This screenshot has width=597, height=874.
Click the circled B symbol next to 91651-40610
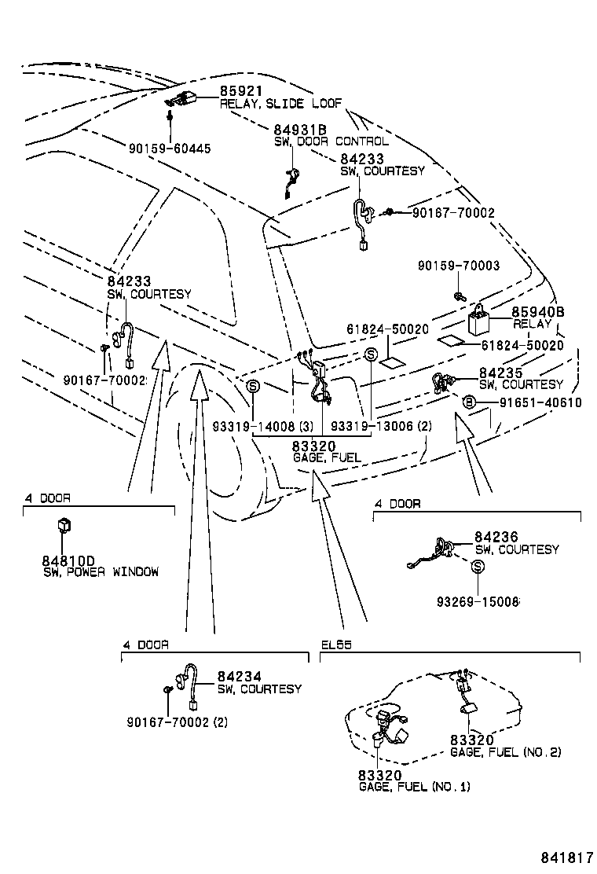pos(469,402)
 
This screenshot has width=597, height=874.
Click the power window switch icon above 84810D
pos(64,526)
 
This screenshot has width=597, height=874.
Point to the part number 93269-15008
pos(478,601)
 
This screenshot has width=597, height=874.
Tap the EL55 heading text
pos(336,644)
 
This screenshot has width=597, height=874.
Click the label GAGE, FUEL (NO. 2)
pos(506,752)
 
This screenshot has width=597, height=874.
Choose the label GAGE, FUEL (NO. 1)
pos(415,786)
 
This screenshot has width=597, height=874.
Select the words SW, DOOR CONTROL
pos(331,141)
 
